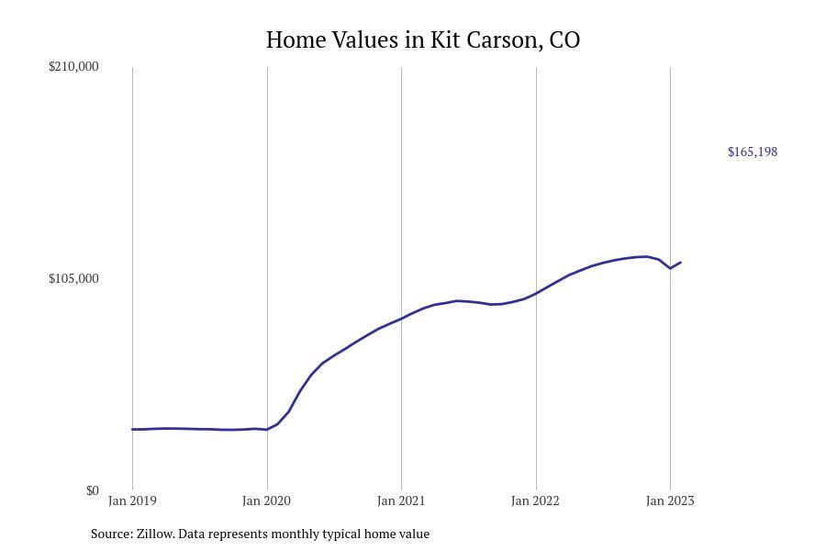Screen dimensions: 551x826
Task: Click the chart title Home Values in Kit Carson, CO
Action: tap(423, 40)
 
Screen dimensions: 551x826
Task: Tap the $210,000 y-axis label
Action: tap(73, 66)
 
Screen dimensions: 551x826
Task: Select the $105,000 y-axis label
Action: tap(73, 278)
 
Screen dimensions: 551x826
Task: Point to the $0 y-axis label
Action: tap(92, 490)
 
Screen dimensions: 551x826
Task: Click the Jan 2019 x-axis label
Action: tap(132, 500)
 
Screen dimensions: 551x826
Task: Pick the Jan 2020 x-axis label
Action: tap(267, 500)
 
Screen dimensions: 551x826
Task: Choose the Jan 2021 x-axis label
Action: tap(401, 500)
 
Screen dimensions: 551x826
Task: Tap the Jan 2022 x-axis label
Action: tap(536, 500)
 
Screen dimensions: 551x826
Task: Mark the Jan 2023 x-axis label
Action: tap(670, 500)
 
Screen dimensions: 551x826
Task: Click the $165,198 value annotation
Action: tap(753, 152)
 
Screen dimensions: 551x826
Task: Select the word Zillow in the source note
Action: tap(154, 534)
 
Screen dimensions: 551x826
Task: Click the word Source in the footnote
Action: tap(111, 534)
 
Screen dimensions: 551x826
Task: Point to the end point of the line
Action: tap(680, 263)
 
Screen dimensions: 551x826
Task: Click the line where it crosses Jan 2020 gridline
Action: tap(267, 429)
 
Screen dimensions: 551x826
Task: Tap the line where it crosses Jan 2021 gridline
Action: tap(401, 319)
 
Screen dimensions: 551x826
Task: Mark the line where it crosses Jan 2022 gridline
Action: tap(536, 293)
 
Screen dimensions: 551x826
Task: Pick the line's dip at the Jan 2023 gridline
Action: tap(670, 268)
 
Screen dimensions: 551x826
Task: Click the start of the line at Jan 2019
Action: tap(132, 429)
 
